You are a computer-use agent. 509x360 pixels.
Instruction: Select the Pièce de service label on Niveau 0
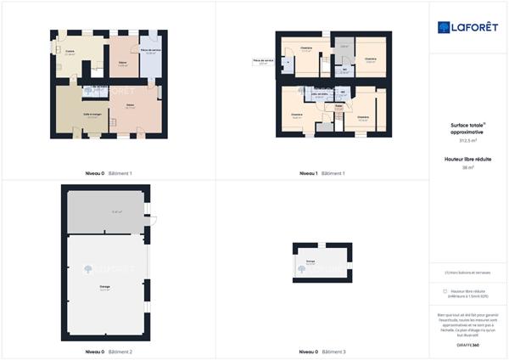pos(151,52)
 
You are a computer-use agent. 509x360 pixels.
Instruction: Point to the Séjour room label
pos(123,63)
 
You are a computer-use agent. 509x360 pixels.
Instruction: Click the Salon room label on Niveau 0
pos(130,105)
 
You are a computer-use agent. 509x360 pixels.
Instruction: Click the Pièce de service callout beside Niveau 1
pos(263,61)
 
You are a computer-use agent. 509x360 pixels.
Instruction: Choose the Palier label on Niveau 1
pos(338,106)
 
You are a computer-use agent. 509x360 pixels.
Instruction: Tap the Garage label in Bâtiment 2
pos(104,287)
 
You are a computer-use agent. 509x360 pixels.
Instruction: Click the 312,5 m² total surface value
pos(469,142)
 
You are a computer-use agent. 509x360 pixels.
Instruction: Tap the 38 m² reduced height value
pos(469,167)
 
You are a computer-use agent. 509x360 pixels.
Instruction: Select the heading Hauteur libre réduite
pos(469,159)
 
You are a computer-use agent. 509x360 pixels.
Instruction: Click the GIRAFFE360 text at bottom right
pos(469,345)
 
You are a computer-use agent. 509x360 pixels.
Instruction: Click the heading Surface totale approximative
pos(469,129)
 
